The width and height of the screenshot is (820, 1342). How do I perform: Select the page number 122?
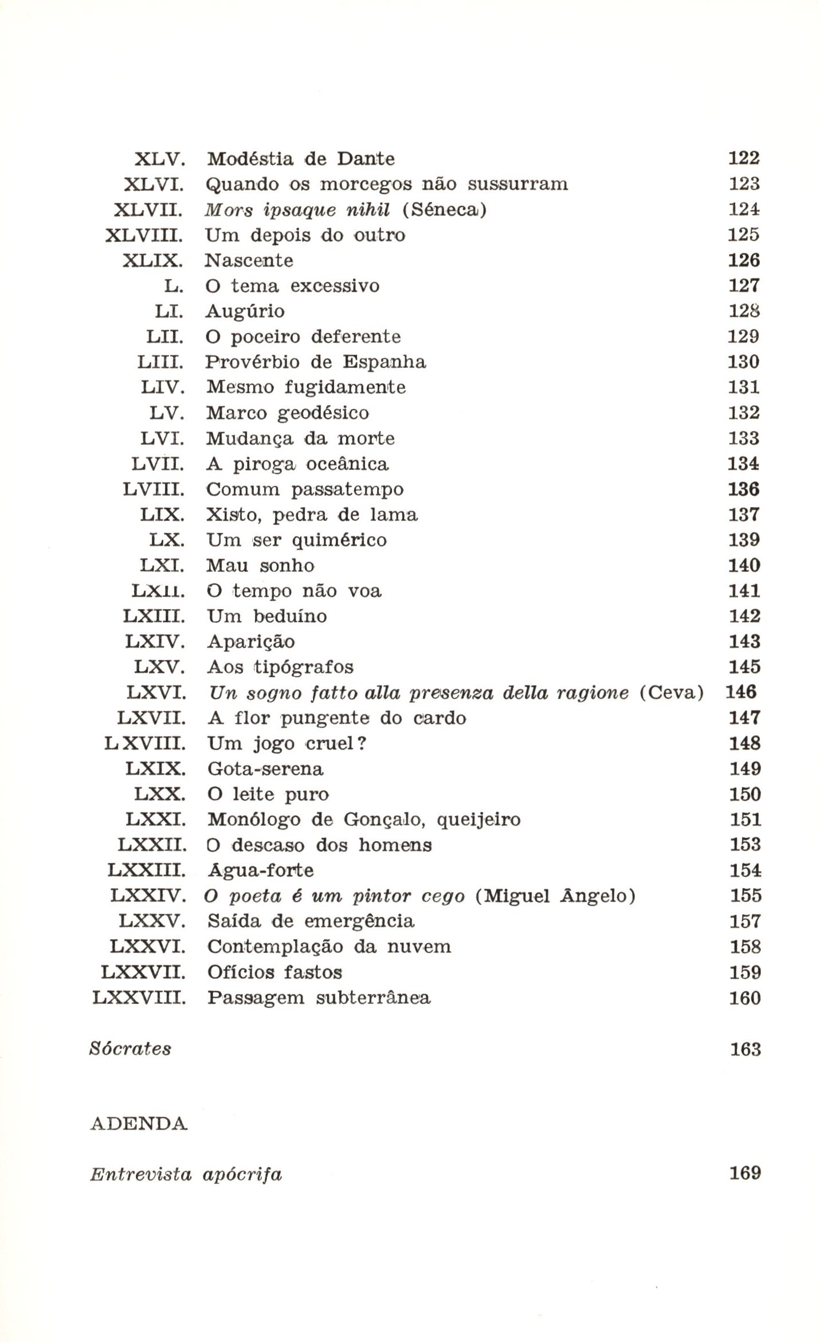[744, 158]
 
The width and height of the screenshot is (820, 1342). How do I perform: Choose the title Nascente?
[249, 261]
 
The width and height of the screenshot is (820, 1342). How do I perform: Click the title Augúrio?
[245, 312]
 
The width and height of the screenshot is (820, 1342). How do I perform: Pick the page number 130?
[744, 362]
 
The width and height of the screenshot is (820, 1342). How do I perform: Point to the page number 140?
[744, 566]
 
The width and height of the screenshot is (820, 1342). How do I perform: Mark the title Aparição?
[251, 642]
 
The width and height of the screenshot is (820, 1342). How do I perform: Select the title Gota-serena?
[265, 769]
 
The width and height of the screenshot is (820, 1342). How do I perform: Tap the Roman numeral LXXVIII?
[139, 998]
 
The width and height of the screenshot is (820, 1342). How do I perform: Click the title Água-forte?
[260, 870]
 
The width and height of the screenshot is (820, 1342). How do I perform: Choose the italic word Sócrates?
[131, 1049]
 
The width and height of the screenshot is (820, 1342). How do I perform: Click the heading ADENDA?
[139, 1124]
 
